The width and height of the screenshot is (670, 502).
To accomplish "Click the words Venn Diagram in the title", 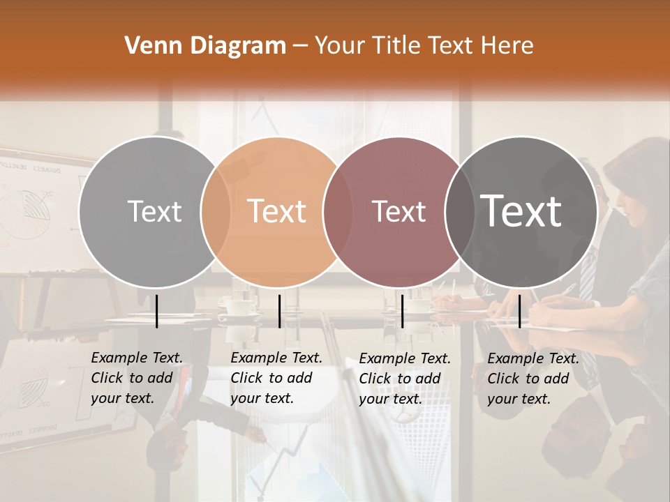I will pos(205,46).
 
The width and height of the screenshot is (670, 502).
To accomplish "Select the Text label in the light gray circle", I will pos(154,211).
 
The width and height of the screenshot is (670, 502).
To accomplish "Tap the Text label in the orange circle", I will pos(276,211).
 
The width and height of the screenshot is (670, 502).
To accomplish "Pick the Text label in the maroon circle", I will pos(399,211).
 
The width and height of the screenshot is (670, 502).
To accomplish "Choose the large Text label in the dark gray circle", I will pos(521,211).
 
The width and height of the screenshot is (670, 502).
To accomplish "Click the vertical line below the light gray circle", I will pos(157,311).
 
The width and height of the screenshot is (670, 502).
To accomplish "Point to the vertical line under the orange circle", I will pos(279,311).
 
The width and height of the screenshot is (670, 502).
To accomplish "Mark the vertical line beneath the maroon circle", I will pos(402,311).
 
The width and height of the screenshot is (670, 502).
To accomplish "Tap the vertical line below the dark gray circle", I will pos(520,311).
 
